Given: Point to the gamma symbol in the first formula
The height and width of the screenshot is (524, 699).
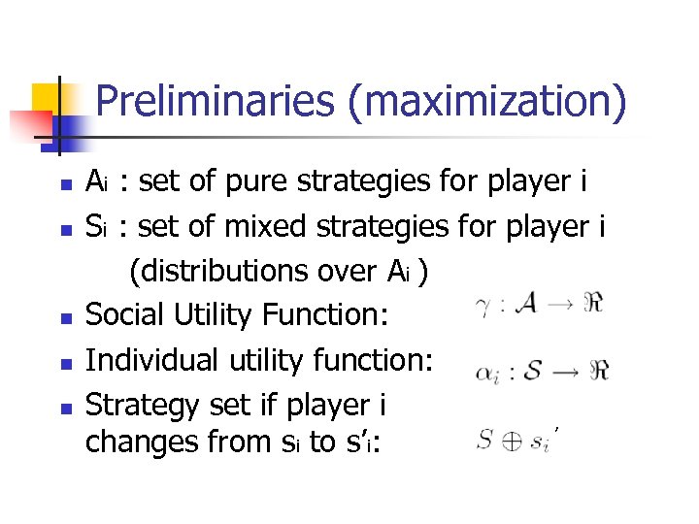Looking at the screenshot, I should tap(481, 308).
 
